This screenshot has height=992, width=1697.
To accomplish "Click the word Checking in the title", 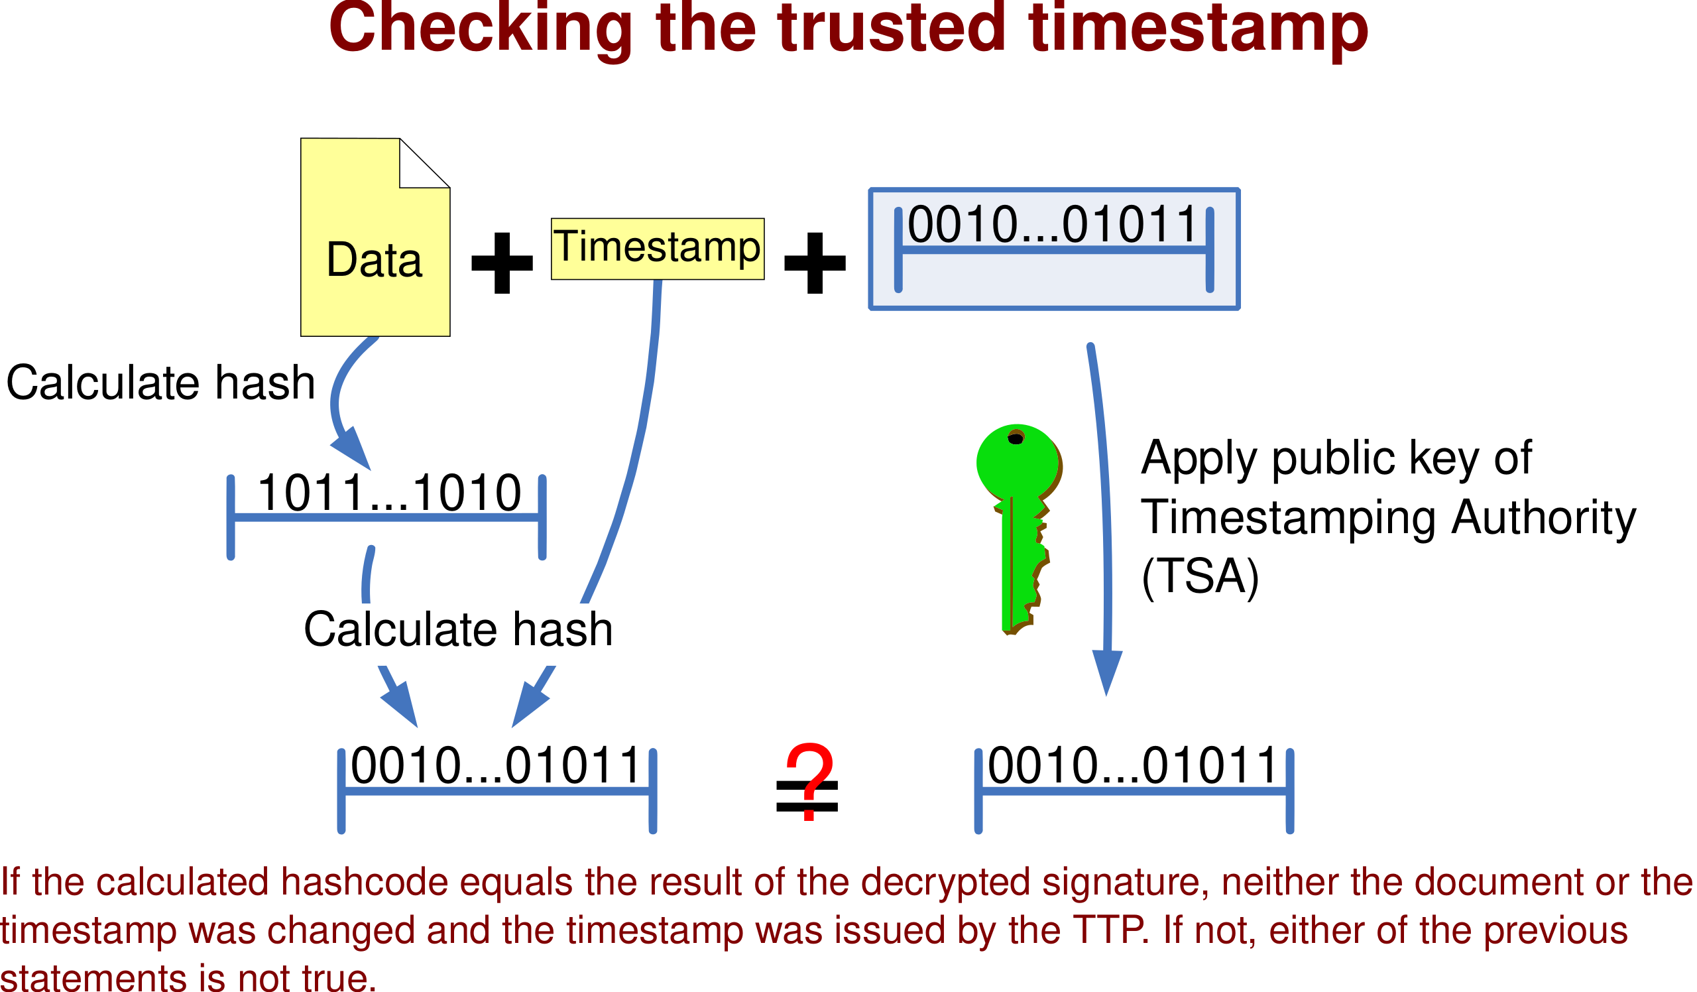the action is click(x=481, y=30).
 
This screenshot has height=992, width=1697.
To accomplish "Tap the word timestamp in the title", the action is click(x=1199, y=30).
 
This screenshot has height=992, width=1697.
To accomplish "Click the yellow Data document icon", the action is click(x=375, y=237).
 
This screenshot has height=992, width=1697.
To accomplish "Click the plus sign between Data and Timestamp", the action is click(x=502, y=263).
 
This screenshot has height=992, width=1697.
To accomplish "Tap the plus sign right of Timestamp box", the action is click(x=815, y=263).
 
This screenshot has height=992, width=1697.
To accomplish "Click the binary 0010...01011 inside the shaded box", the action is click(x=1053, y=224).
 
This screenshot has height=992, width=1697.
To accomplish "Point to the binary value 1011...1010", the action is click(x=389, y=493).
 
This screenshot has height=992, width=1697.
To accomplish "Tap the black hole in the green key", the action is click(x=1016, y=439).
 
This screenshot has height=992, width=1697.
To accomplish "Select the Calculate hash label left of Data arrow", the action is click(x=160, y=383).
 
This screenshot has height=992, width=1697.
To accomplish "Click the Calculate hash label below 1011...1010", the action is click(x=458, y=629).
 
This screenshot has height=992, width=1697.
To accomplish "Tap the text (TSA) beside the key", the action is click(x=1200, y=576).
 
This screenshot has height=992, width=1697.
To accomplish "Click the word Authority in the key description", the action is click(x=1543, y=517).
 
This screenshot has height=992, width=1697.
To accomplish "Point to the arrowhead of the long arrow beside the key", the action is click(x=1107, y=673).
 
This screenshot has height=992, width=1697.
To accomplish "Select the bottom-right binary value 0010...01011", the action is click(x=1132, y=766).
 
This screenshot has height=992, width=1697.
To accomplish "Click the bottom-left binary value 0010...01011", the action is click(x=496, y=766).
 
